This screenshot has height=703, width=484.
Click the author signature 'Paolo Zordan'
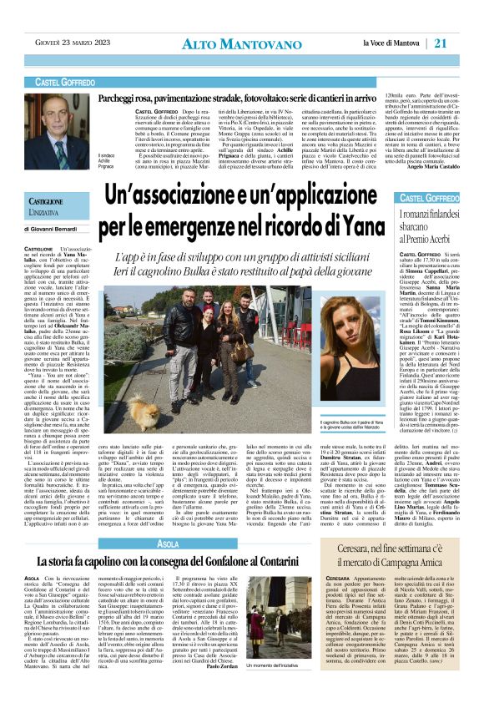pyautogui.click(x=264, y=689)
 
